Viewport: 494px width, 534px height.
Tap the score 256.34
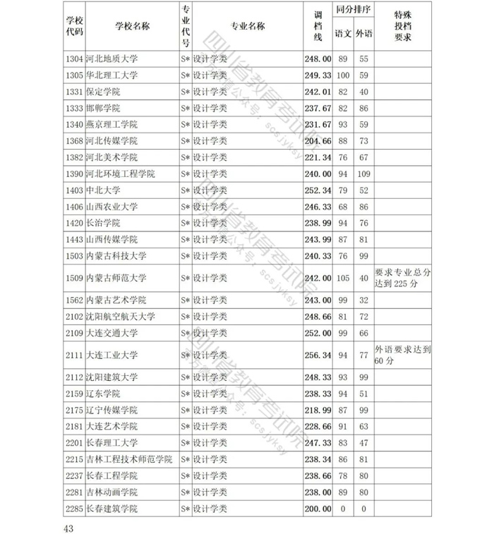click(x=318, y=355)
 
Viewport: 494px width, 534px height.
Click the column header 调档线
click(x=318, y=26)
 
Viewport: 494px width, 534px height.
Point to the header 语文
click(x=344, y=33)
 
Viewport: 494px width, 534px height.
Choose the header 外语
click(x=365, y=33)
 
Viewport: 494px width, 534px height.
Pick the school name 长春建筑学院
click(x=112, y=509)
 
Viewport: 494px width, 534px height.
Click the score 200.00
click(x=318, y=509)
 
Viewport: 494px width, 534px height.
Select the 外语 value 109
click(x=364, y=174)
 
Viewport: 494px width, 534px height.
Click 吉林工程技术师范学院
click(x=128, y=459)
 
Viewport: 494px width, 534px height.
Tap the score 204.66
click(x=318, y=140)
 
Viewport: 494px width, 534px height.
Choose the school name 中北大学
click(x=102, y=190)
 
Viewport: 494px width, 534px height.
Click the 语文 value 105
click(x=344, y=278)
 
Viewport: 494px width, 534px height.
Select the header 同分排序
click(x=354, y=11)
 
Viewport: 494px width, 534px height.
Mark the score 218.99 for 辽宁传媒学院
click(x=318, y=410)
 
